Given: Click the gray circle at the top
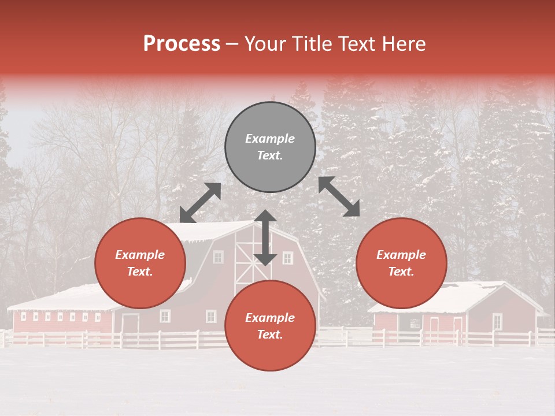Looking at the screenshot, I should coord(270,147).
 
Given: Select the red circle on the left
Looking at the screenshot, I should coord(140,263).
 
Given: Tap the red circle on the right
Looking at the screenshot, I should coord(401,263).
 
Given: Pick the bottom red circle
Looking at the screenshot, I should coord(270,326).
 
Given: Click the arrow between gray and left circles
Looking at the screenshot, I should coord(200,203).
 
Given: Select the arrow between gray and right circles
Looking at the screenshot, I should coord(339,196).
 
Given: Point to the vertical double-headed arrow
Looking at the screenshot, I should coord(265,237).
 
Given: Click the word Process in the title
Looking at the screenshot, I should coord(182,44).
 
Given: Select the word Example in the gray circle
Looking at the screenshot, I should coord(270,139).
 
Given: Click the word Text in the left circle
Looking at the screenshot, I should coord(140,272).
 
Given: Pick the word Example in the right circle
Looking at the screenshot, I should coord(401,255).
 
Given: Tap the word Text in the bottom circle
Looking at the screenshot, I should coord(270,335).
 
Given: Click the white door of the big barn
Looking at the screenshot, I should coord(130,324).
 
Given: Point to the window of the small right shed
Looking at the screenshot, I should coord(497,321).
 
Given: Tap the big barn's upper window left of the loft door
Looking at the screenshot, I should coord(218,257).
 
